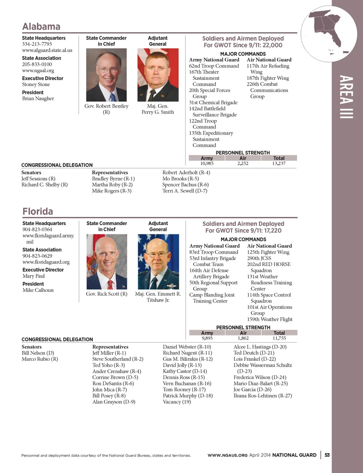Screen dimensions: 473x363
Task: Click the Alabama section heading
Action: (41, 26)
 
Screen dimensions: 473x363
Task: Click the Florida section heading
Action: (37, 211)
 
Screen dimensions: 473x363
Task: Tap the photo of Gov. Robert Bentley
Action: (106, 75)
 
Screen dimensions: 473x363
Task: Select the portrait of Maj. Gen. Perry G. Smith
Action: (158, 75)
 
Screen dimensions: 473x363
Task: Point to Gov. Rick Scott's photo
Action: (107, 262)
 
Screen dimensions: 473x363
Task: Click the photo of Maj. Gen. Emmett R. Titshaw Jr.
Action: (158, 262)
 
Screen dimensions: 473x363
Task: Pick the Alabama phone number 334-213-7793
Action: (37, 44)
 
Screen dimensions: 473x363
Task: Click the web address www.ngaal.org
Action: (38, 71)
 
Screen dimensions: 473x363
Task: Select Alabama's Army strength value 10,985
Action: (207, 164)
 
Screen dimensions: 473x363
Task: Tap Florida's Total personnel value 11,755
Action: (279, 338)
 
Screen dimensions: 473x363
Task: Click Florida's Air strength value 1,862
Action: (243, 338)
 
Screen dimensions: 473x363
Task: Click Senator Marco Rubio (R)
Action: (40, 359)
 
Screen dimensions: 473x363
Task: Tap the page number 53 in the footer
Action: (327, 455)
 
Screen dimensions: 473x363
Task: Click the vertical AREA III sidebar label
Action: (346, 97)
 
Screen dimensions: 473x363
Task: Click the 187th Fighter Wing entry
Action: (268, 78)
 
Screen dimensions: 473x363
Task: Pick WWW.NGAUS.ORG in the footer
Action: (227, 455)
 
